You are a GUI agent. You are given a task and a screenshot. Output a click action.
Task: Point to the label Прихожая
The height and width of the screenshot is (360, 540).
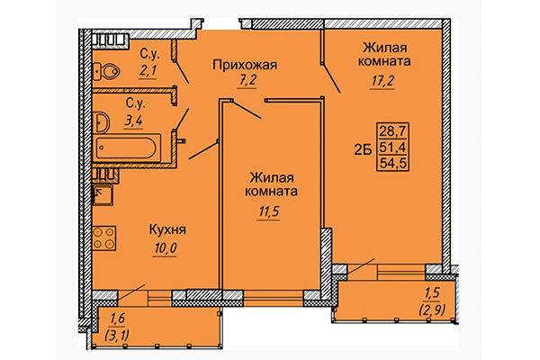(243, 64)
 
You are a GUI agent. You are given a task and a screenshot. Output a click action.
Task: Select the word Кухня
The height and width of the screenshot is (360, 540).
(167, 229)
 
